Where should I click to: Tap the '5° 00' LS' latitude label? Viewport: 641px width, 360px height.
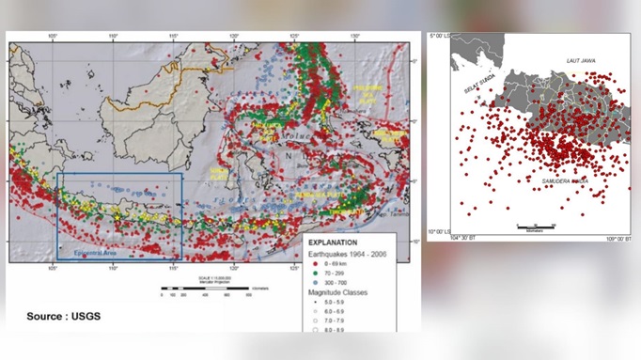pyautogui.click(x=440, y=35)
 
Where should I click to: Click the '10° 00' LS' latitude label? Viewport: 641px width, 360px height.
pyautogui.click(x=439, y=231)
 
